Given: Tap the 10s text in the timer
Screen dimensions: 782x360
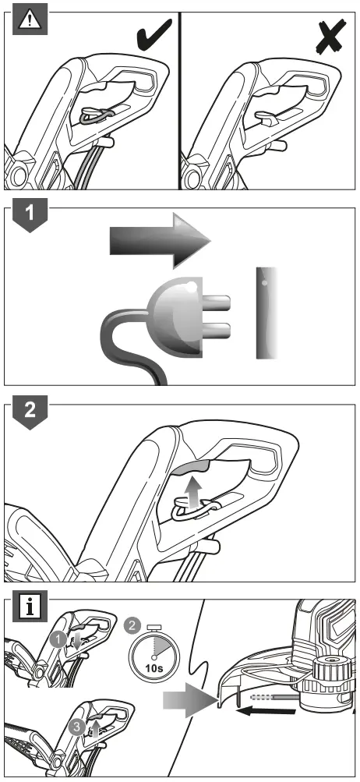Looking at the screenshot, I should pos(154,667).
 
